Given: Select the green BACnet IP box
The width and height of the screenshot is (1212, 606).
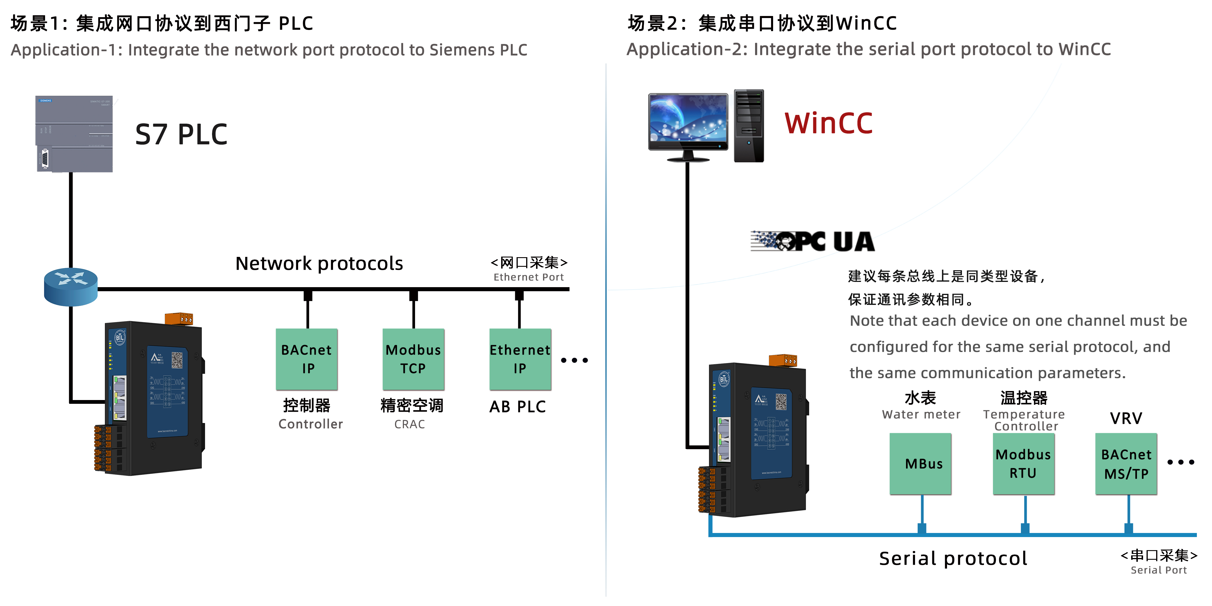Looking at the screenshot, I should click(307, 359).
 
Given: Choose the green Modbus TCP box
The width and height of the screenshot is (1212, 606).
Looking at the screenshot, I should click(413, 359).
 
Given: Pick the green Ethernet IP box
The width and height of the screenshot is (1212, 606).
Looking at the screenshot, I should click(520, 359).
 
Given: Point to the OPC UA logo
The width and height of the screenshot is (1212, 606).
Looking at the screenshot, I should click(813, 241).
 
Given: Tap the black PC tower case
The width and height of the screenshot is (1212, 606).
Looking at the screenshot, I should click(749, 126).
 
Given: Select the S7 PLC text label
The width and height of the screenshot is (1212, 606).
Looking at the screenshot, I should click(181, 135).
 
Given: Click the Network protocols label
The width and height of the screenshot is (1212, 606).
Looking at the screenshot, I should click(319, 264).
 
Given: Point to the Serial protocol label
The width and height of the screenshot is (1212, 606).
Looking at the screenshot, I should click(953, 559).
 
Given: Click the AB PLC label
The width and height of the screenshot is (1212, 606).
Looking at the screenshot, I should click(517, 406).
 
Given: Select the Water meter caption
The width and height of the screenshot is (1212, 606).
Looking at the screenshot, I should click(921, 415).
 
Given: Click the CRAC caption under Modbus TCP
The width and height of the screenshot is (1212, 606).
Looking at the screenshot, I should click(409, 424).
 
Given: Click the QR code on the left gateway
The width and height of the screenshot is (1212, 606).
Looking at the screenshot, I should click(177, 360).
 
